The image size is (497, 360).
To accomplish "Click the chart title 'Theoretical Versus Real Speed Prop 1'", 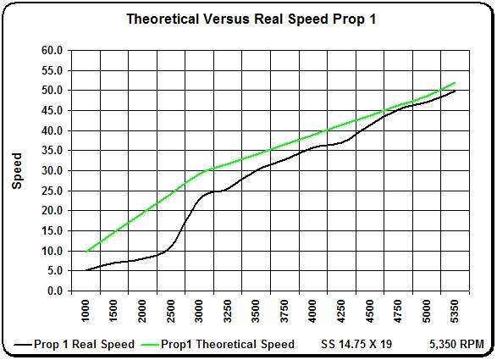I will click(x=248, y=18).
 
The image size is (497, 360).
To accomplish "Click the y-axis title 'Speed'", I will click(x=17, y=170).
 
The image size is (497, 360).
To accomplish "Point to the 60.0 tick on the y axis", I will click(x=51, y=50).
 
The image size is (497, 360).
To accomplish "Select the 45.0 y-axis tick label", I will click(x=51, y=110).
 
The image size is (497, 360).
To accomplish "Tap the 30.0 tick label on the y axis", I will click(x=51, y=170).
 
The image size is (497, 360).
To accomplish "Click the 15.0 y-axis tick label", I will click(x=51, y=231).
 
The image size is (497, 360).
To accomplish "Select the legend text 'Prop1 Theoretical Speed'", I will click(x=229, y=344).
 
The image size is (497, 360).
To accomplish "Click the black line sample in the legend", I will click(x=23, y=345).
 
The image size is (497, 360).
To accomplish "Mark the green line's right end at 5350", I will click(x=456, y=82).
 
